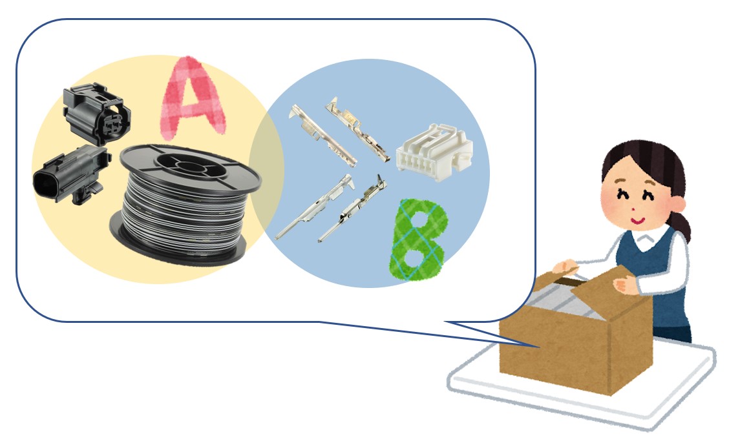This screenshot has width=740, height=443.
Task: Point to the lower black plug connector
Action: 71,175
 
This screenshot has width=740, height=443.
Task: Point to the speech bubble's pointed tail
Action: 538,346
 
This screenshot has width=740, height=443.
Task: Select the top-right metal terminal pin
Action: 358,129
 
